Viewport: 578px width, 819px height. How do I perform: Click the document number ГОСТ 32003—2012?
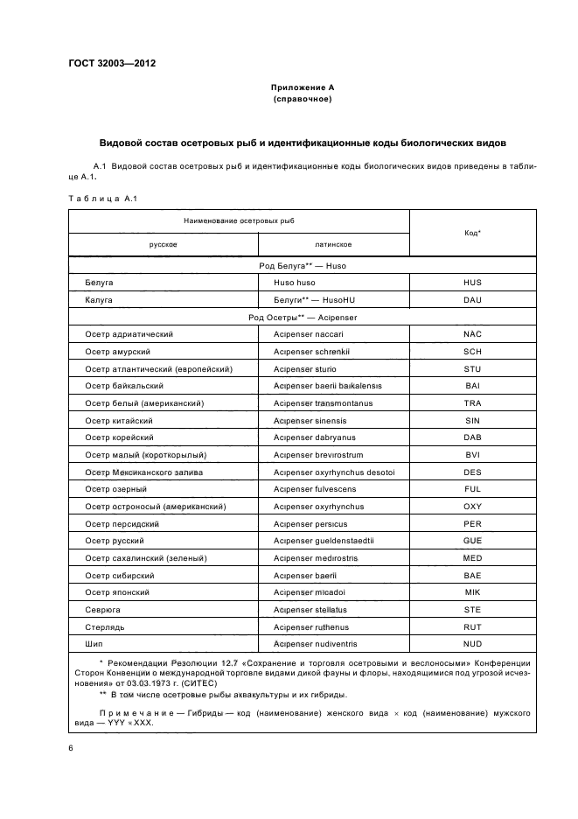(106, 63)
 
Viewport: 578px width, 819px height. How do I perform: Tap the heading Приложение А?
(302, 87)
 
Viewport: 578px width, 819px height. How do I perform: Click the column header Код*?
(472, 233)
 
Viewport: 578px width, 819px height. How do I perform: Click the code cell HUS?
(472, 283)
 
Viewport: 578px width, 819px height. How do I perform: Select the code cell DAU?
(472, 299)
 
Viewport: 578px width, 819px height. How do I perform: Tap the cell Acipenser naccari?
(308, 333)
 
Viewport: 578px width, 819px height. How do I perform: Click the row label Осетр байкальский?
(124, 385)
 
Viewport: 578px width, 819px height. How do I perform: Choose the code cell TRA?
(472, 402)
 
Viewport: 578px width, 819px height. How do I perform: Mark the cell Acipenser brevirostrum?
(319, 454)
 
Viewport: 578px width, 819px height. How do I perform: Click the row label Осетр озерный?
(115, 488)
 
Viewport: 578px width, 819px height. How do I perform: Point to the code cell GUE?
(472, 541)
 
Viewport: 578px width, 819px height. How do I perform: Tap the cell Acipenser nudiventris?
(316, 644)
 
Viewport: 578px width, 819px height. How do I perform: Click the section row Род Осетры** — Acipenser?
(302, 317)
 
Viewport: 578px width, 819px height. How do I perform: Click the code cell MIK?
(472, 592)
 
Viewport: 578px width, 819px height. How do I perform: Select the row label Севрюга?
(104, 610)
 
